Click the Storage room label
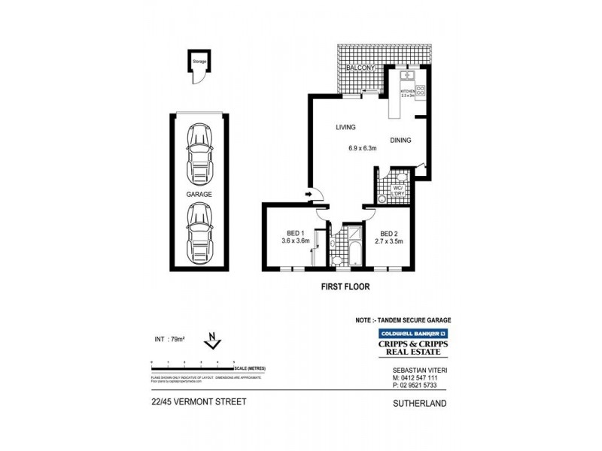(x=199, y=62)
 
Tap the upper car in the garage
(x=200, y=154)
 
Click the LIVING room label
(x=345, y=128)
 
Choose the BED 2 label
(x=389, y=232)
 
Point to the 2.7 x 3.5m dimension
(x=390, y=241)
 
